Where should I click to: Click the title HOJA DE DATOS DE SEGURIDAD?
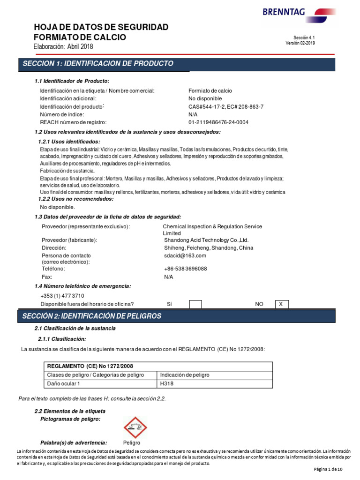pyautogui.click(x=101, y=27)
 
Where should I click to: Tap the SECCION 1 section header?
pyautogui.click(x=98, y=64)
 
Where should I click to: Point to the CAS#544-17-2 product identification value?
pyautogui.click(x=226, y=107)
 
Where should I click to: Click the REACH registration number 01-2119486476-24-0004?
pyautogui.click(x=218, y=122)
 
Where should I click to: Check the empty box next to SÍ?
pyautogui.click(x=195, y=304)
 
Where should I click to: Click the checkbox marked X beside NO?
pyautogui.click(x=282, y=304)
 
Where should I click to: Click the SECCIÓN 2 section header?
pyautogui.click(x=92, y=316)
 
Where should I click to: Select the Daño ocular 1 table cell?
pyautogui.click(x=64, y=384)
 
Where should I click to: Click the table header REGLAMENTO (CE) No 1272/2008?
pyautogui.click(x=87, y=366)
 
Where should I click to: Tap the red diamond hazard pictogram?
pyautogui.click(x=135, y=427)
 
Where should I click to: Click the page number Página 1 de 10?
pyautogui.click(x=328, y=469)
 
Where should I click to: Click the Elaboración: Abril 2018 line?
pyautogui.click(x=63, y=46)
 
